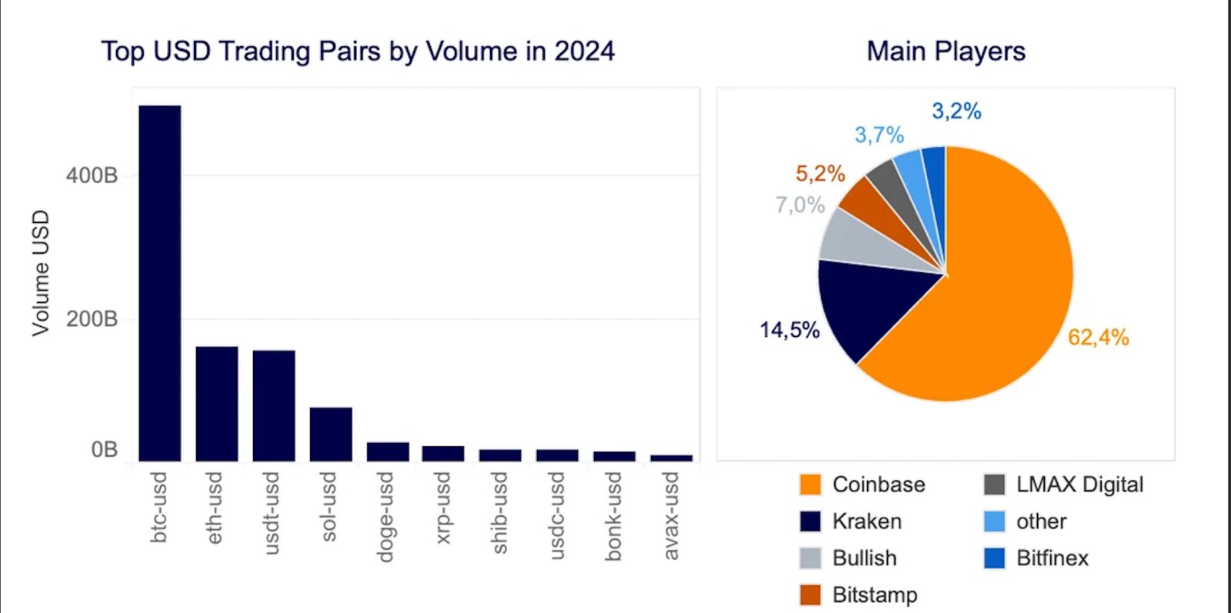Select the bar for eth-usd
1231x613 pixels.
pos(216,404)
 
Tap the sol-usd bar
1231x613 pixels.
pos(331,435)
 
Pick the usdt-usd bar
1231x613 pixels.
pos(273,405)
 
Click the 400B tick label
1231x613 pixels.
pos(92,175)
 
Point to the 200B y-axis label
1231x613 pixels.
pos(92,318)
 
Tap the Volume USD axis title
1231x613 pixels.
pos(40,272)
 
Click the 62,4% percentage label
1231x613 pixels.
pos(1098,337)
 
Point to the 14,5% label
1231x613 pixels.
pos(789,330)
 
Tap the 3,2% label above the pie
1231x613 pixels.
pos(956,111)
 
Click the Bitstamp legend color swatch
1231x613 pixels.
pos(810,595)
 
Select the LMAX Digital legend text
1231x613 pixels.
pos(1079,485)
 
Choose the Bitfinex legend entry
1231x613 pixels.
pos(1052,558)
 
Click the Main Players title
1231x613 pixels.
pos(946,51)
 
